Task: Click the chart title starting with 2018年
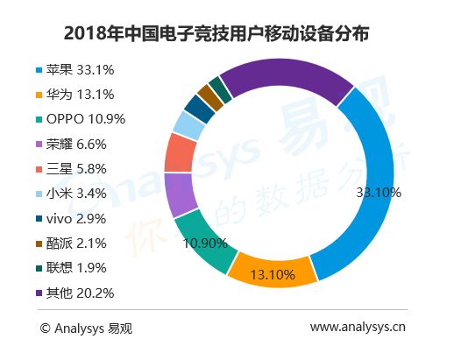pyautogui.click(x=216, y=33)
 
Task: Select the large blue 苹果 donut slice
pyautogui.click(x=377, y=164)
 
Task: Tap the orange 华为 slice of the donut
pyautogui.click(x=272, y=270)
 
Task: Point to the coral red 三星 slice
pyautogui.click(x=179, y=153)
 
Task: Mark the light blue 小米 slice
pyautogui.click(x=188, y=126)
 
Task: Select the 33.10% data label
pyautogui.click(x=379, y=193)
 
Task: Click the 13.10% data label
pyautogui.click(x=273, y=275)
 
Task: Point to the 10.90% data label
pyautogui.click(x=205, y=244)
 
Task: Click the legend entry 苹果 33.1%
pyautogui.click(x=74, y=70)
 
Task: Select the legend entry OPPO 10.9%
pyautogui.click(x=81, y=119)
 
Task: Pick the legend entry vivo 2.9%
pyautogui.click(x=71, y=219)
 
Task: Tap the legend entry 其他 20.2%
pyautogui.click(x=74, y=293)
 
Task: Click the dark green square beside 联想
pyautogui.click(x=39, y=268)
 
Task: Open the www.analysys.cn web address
pyautogui.click(x=358, y=327)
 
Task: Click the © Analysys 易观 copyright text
pyautogui.click(x=86, y=328)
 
